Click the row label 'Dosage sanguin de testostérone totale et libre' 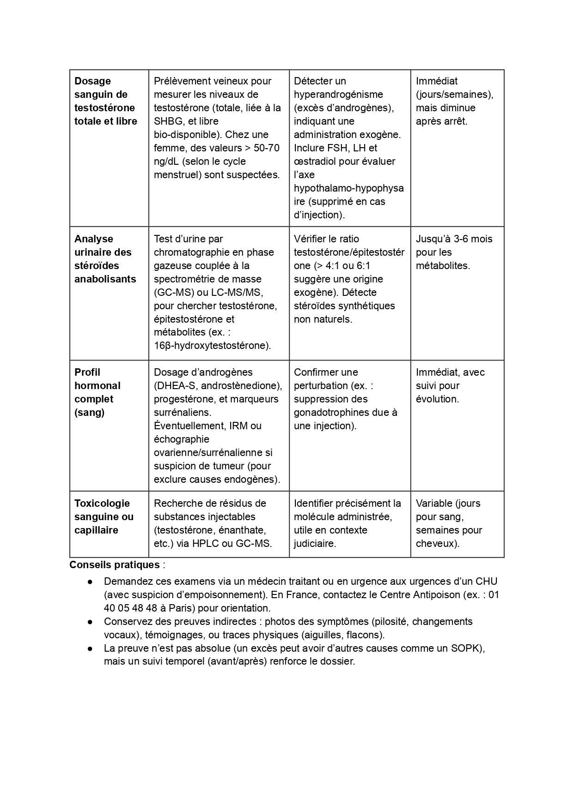click(105, 101)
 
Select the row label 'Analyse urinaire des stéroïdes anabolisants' click(105, 259)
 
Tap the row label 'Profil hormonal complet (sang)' click(97, 392)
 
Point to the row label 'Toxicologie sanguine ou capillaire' click(104, 516)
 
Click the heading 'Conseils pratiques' click(114, 565)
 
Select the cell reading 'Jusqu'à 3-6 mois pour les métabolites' click(454, 252)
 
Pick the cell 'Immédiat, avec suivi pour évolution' click(450, 385)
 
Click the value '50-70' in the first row click(267, 148)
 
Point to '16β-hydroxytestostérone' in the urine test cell click(212, 346)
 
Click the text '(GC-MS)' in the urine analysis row click(172, 293)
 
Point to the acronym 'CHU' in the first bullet click(486, 582)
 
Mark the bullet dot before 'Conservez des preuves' click(91, 622)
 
